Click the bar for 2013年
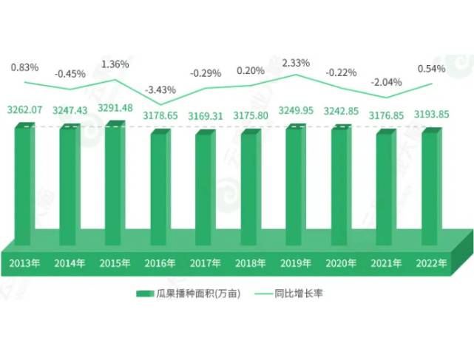[x=25, y=185]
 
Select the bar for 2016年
[x=160, y=189]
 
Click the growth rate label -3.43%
[x=160, y=89]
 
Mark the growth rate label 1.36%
[x=115, y=63]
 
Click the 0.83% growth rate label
[x=25, y=67]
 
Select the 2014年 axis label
[x=70, y=263]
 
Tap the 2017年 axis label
[x=206, y=263]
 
